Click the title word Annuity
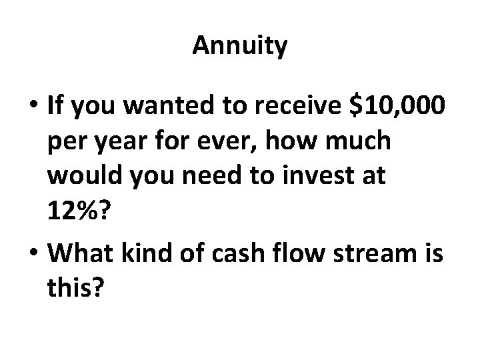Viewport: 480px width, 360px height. pos(240,46)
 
